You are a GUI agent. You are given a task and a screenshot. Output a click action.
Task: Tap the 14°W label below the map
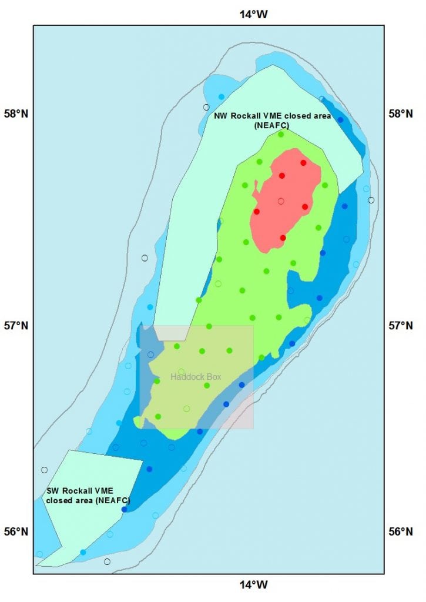253,585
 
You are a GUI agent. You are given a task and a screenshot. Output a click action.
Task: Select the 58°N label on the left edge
16,113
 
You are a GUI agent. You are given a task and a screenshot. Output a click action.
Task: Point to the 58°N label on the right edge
402,113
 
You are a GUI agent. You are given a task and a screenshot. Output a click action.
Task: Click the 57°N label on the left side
16,325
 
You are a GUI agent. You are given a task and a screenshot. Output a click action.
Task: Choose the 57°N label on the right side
402,325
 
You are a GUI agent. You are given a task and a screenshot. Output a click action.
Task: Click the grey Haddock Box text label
196,377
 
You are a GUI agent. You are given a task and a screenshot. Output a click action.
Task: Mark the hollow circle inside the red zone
281,201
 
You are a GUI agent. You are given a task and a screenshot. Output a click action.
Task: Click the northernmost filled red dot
303,163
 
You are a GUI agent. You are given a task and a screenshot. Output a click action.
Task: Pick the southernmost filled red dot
283,238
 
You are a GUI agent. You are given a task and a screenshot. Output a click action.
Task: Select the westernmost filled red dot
257,211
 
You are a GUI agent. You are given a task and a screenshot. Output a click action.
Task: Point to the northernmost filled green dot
281,134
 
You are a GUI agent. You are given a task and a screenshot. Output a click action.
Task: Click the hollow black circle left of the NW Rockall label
206,107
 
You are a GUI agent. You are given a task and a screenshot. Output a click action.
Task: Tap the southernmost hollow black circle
107,561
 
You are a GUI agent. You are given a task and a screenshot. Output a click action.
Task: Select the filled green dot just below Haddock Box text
207,386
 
